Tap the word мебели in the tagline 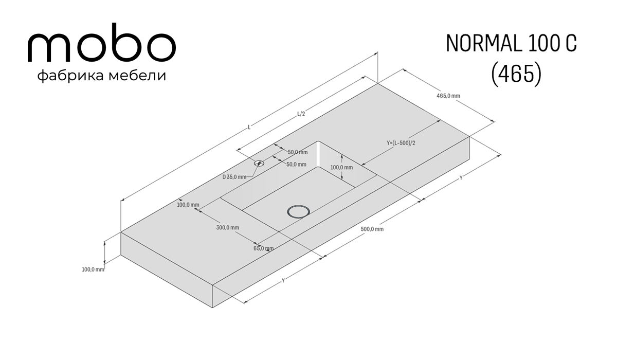(x=137, y=76)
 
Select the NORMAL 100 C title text (x=511, y=44)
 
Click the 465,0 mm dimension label (x=448, y=96)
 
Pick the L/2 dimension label (x=301, y=114)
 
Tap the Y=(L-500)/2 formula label (x=401, y=143)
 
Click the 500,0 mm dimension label (x=372, y=229)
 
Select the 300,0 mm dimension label (x=227, y=228)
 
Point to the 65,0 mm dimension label (x=264, y=248)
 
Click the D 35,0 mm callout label (x=234, y=177)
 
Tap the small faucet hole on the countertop (x=259, y=164)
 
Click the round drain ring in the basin (x=298, y=211)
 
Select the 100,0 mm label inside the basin (x=341, y=168)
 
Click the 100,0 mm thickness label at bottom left (x=93, y=269)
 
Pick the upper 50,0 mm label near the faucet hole (x=298, y=152)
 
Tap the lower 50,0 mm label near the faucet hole (x=296, y=165)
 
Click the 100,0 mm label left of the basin (x=188, y=205)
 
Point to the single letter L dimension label (x=249, y=127)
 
